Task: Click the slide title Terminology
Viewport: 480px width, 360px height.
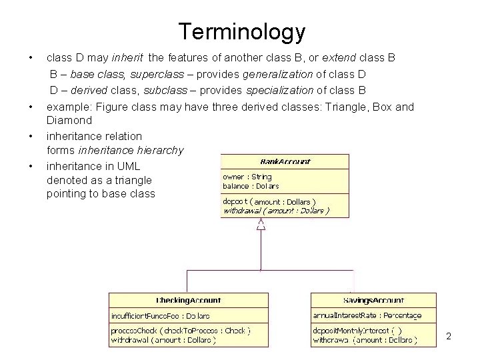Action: (241, 31)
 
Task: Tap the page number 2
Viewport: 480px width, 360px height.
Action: (448, 336)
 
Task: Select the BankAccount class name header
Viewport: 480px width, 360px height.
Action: (285, 161)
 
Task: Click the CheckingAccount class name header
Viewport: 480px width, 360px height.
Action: (189, 300)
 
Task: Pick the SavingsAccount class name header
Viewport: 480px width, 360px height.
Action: (373, 300)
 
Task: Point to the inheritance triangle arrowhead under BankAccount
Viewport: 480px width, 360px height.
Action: (261, 225)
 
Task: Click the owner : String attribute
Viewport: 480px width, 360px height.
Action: (247, 177)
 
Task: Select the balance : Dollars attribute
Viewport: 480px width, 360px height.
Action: (251, 186)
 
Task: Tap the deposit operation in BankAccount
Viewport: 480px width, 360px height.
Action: (269, 201)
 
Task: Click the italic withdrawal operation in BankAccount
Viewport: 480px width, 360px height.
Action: (275, 211)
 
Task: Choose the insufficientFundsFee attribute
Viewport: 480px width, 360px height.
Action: (160, 315)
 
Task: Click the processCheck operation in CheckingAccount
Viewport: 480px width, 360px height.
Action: (181, 330)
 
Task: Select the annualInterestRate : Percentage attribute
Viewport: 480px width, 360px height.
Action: (367, 315)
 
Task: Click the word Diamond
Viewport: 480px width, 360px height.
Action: (69, 121)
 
